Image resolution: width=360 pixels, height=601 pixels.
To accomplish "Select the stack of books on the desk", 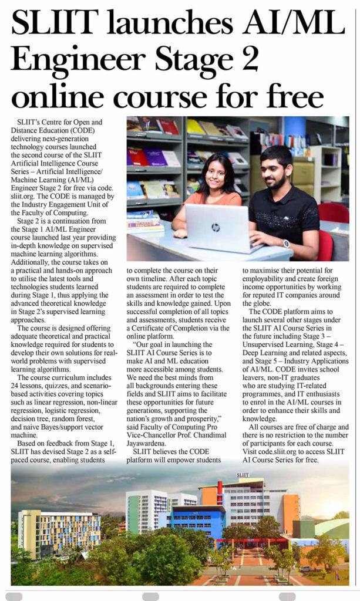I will [x=144, y=222].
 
